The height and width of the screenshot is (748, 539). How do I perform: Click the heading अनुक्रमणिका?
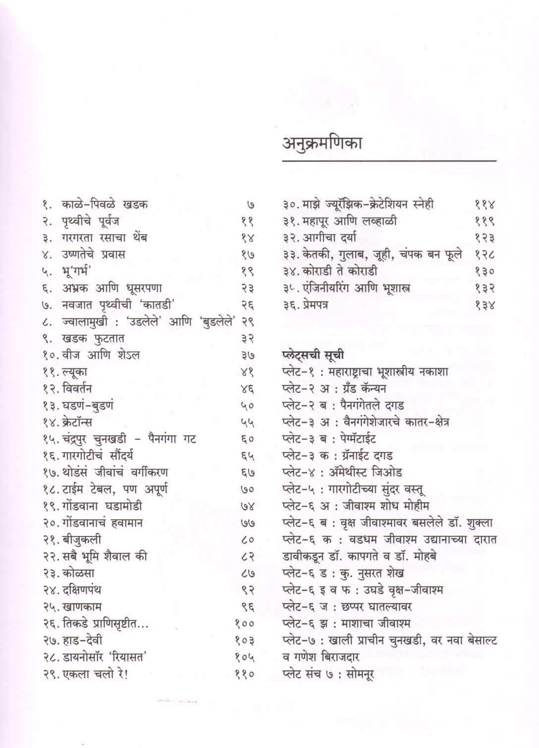pos(322,143)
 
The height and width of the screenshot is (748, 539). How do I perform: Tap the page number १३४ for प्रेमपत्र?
pos(485,305)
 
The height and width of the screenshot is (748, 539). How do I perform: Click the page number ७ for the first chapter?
pos(250,205)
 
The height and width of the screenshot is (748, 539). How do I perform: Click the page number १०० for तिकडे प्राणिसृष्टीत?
pos(244,624)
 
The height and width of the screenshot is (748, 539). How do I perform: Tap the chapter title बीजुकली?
pos(82,539)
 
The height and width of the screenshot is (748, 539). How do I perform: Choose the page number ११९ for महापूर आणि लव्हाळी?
pos(485,221)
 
